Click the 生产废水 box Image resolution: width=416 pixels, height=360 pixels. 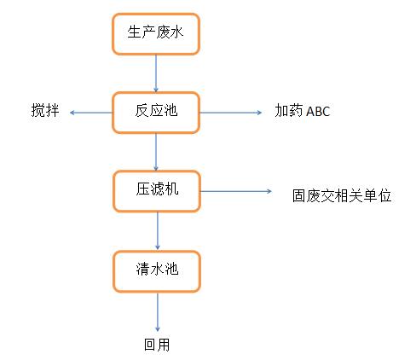click(156, 34)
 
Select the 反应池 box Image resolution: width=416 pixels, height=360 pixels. click(156, 113)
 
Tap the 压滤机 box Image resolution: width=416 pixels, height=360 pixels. click(157, 191)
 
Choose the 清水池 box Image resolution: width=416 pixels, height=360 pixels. click(157, 271)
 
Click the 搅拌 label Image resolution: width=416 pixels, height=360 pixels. click(45, 110)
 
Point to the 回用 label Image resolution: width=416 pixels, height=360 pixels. click(157, 345)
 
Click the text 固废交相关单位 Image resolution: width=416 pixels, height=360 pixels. click(342, 195)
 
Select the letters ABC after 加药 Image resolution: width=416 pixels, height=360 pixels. click(318, 111)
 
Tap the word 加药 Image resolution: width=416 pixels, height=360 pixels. click(289, 110)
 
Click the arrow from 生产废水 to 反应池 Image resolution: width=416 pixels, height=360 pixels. click(156, 73)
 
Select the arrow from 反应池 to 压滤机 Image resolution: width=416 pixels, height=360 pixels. click(156, 152)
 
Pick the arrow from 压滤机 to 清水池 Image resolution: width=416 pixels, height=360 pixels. click(158, 231)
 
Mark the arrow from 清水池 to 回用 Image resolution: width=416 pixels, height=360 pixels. click(158, 312)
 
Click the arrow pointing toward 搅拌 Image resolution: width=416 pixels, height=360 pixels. click(91, 113)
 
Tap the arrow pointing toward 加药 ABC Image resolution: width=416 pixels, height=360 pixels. click(231, 113)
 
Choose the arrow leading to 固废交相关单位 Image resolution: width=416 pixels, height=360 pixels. click(236, 191)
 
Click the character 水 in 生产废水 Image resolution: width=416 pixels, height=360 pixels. click(176, 32)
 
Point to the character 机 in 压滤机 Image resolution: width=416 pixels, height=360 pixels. click(171, 189)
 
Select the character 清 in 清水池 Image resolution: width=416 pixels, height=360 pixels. click(143, 269)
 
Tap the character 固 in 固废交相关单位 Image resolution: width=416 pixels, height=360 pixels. click(299, 195)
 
